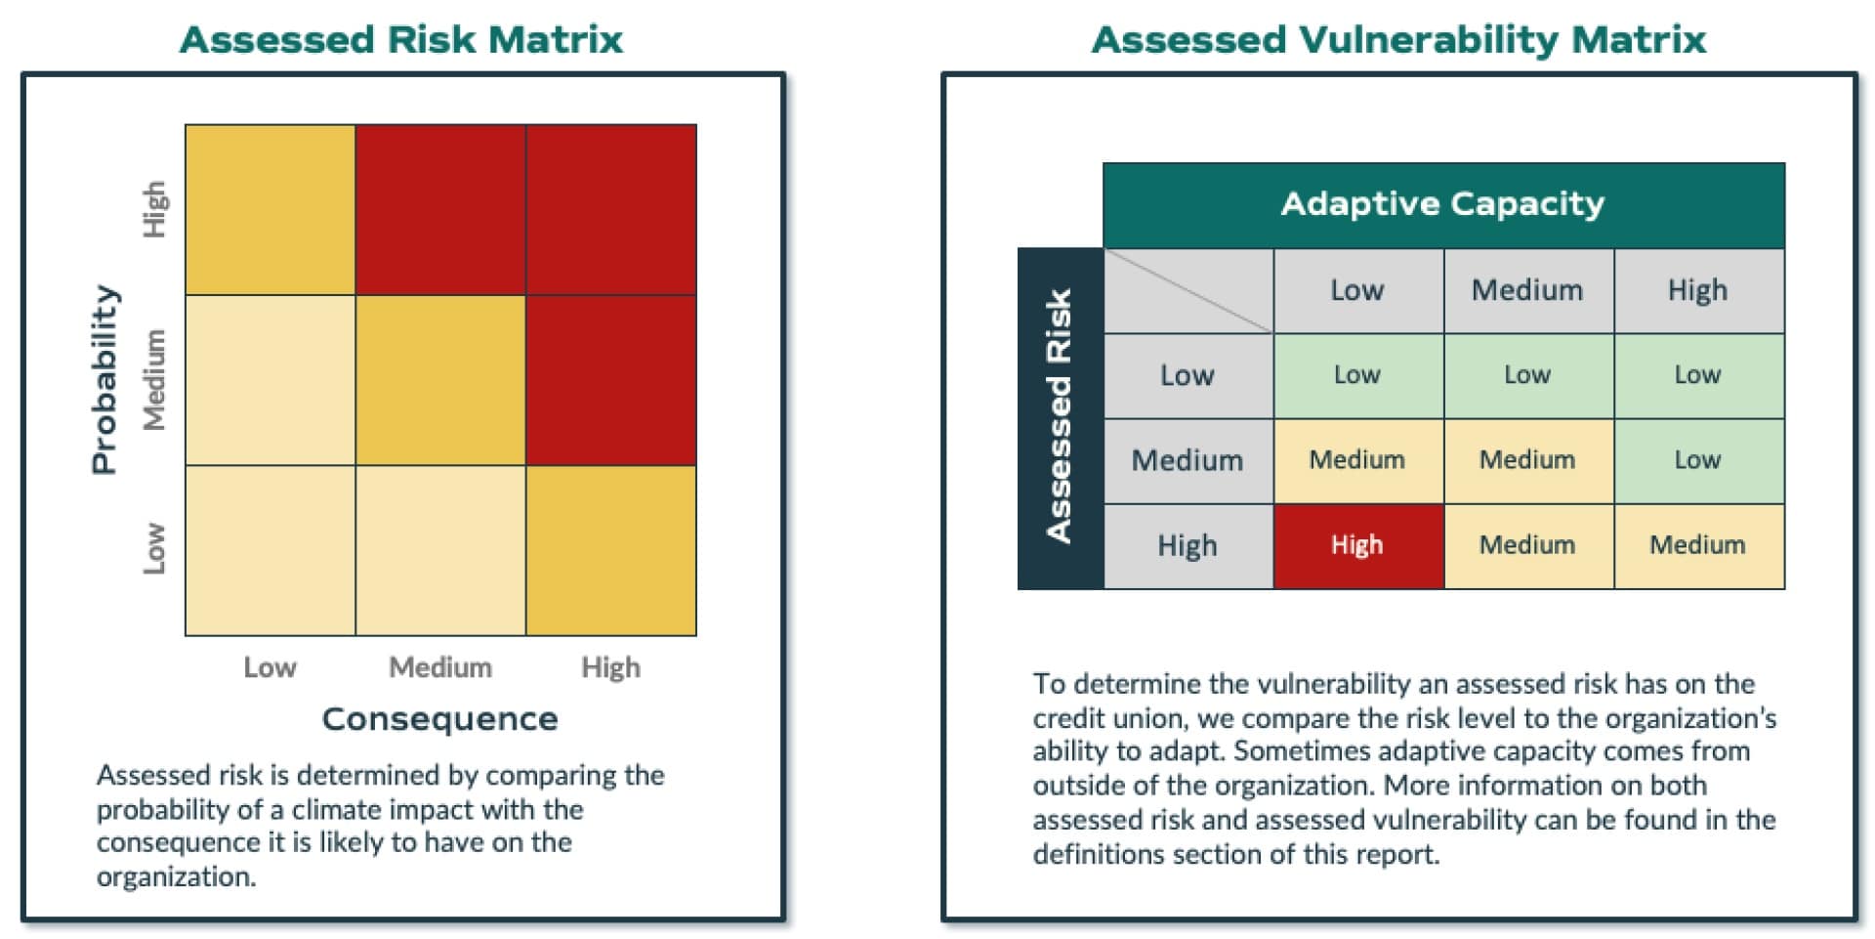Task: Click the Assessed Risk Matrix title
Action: point(401,40)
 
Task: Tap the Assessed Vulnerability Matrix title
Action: point(1398,40)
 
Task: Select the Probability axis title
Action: point(105,379)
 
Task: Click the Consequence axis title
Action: point(439,719)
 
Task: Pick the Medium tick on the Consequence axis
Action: point(440,667)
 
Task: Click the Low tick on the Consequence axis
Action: point(270,667)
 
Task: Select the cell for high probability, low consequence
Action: point(271,209)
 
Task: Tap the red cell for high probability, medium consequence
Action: point(440,209)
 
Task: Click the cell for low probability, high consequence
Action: point(611,550)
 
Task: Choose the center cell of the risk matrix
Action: point(440,380)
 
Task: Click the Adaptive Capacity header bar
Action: point(1442,204)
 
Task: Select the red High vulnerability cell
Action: point(1357,545)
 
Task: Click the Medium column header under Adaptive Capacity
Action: point(1527,290)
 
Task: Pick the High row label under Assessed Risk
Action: point(1187,545)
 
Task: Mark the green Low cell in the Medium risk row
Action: point(1698,460)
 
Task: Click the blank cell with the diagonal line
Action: point(1188,290)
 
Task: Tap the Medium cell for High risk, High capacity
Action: point(1698,545)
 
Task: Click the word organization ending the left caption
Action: point(175,877)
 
